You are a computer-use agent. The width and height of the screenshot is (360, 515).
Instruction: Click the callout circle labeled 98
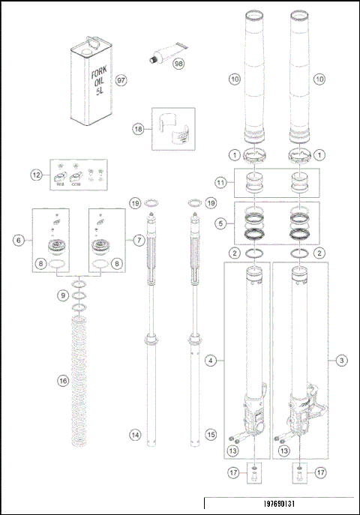point(178,64)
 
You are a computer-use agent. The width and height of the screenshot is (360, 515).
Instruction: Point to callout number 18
point(137,129)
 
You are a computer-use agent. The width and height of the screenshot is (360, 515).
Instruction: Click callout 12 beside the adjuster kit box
point(35,175)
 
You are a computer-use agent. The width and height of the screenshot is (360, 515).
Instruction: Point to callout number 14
point(135,435)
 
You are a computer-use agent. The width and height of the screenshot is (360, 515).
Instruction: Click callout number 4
point(212,361)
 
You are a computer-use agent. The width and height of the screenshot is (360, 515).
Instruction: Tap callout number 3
point(341,361)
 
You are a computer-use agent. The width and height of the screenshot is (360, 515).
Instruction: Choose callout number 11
point(220,182)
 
